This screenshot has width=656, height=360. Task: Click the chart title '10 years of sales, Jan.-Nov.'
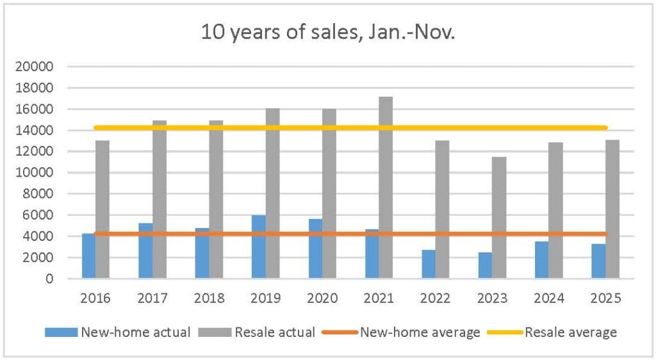(x=327, y=33)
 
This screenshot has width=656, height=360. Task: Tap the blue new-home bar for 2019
(x=258, y=250)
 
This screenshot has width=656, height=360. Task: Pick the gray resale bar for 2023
(x=499, y=218)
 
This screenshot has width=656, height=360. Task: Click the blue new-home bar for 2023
(x=485, y=265)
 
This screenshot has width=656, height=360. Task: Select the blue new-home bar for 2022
(x=428, y=264)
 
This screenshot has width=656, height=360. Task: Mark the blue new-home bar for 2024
(x=541, y=259)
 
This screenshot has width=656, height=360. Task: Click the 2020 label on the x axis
(x=322, y=298)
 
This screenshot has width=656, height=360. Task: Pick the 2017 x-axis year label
(x=152, y=298)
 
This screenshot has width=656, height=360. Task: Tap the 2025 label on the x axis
(x=605, y=298)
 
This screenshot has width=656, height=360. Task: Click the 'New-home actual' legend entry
(x=134, y=332)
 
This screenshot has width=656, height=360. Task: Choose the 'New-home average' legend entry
(x=419, y=332)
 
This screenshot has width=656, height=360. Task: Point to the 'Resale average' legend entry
(x=570, y=332)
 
